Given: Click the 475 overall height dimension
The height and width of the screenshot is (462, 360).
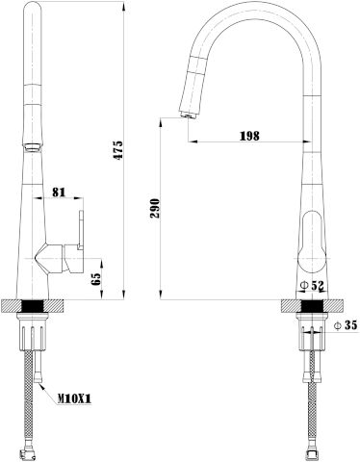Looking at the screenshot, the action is point(118,150).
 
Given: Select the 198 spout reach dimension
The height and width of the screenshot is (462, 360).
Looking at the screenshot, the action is point(249,136).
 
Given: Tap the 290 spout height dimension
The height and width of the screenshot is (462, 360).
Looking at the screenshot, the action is point(155,208).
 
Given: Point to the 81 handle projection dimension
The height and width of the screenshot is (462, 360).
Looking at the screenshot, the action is point(59,192).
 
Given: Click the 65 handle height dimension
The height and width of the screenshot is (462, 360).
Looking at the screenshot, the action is point(96,279).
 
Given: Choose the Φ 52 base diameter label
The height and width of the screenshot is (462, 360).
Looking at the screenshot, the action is point(312,285).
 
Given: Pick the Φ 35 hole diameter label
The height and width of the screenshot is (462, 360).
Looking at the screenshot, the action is point(346,325).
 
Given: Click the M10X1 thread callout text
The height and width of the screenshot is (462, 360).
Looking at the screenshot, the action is point(74,398).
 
